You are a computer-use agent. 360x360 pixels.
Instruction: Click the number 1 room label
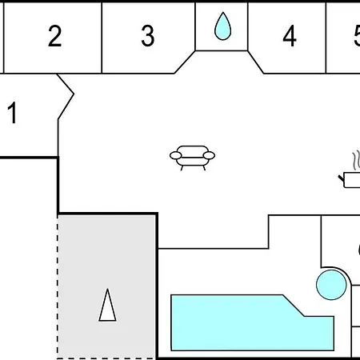(x=13, y=113)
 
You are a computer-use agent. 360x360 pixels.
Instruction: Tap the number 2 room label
(x=55, y=36)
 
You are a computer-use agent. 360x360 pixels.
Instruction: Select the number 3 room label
(x=148, y=36)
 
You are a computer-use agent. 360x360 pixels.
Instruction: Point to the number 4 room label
(x=290, y=36)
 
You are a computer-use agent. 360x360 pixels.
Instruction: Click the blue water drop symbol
(x=222, y=26)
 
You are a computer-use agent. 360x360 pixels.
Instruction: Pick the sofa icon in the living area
(x=192, y=158)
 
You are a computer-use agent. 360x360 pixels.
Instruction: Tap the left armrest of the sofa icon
(x=175, y=155)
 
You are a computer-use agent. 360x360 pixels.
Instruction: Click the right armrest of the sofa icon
(x=209, y=155)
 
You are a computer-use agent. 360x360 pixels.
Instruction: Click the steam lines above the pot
(x=356, y=161)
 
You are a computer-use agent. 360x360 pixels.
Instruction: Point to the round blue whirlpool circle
(x=331, y=285)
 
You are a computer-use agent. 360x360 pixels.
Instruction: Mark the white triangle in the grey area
(x=107, y=305)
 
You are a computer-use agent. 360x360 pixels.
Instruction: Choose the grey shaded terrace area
(x=106, y=286)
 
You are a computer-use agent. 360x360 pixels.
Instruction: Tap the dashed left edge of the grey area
(x=58, y=287)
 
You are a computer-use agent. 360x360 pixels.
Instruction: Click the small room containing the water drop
(x=222, y=26)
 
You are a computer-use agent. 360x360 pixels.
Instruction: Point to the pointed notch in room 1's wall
(x=74, y=94)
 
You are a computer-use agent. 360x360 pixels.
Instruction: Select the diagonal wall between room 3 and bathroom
(x=185, y=62)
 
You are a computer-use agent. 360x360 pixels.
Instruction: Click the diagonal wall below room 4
(x=256, y=62)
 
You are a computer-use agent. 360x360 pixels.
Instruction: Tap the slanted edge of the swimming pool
(x=294, y=306)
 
